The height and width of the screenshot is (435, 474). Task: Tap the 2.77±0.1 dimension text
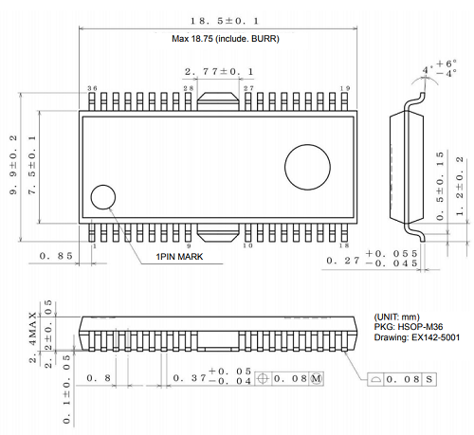point(218,71)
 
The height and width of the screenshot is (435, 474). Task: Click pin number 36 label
point(92,88)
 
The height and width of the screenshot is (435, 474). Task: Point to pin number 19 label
point(345,88)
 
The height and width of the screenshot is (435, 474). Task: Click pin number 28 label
point(189,88)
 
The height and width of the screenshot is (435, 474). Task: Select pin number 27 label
point(248,88)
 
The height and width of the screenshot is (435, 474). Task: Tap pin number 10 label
point(248,245)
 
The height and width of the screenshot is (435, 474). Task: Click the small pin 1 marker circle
point(102,198)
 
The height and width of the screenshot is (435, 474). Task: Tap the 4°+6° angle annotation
point(438,69)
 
